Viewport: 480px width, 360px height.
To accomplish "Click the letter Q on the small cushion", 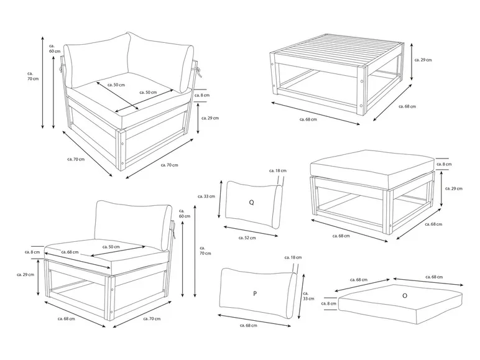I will tap(251, 202).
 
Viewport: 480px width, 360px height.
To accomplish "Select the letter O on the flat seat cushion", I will tap(405, 296).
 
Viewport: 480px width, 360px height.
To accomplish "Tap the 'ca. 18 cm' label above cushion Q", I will tap(276, 170).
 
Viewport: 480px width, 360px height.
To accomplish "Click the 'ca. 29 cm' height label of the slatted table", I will tap(423, 60).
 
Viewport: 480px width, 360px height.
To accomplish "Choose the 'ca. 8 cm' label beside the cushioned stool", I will tap(444, 164).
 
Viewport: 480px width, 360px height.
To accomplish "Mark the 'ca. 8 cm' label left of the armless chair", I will tap(32, 252).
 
